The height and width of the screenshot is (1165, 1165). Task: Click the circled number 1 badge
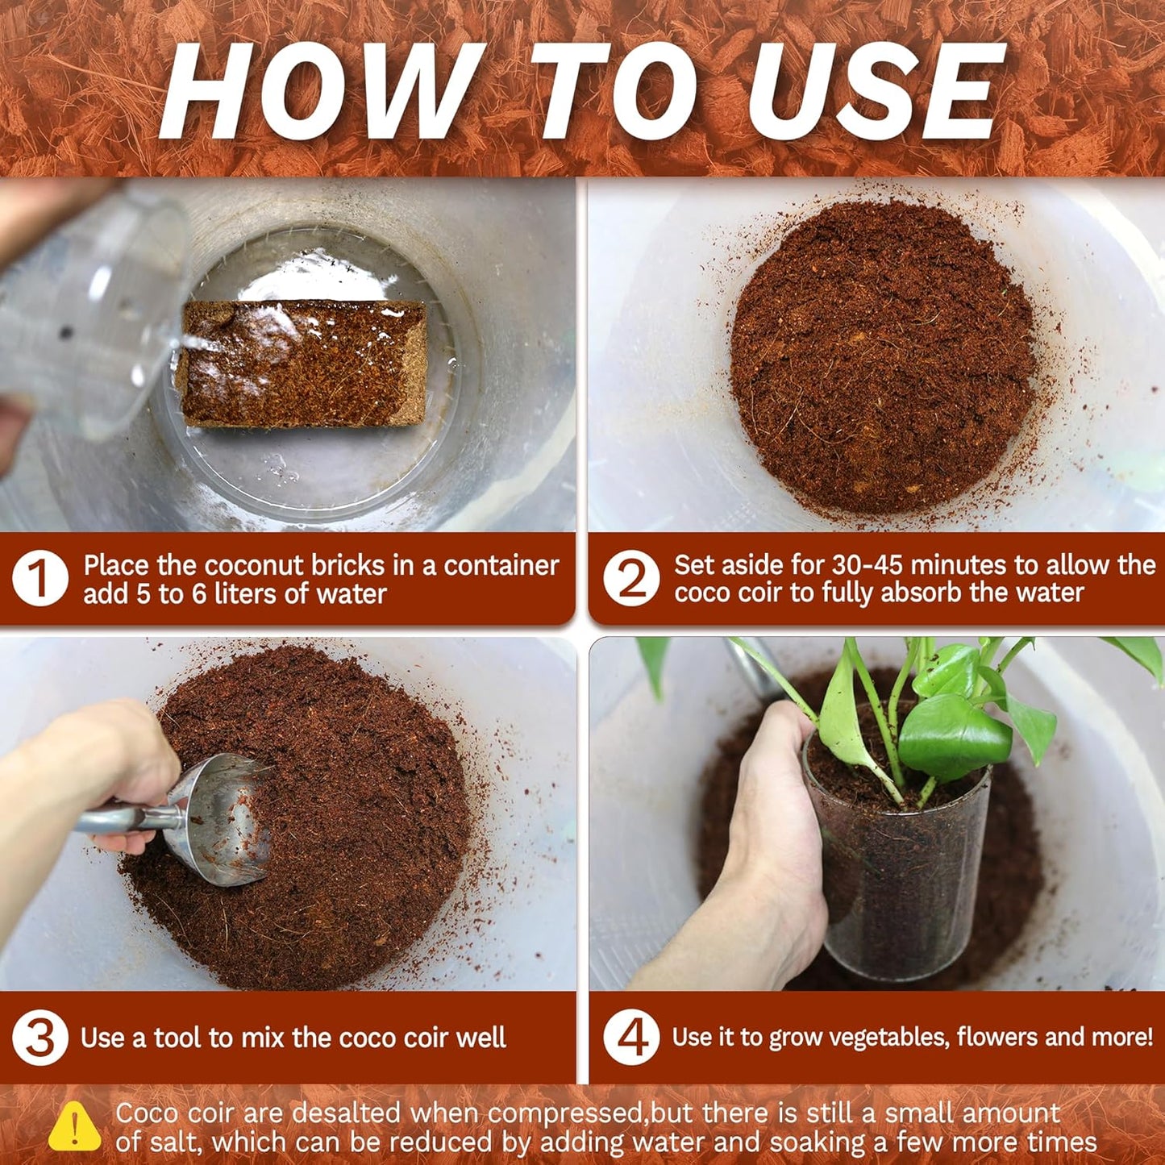pyautogui.click(x=40, y=578)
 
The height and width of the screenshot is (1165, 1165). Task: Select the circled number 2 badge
pyautogui.click(x=631, y=578)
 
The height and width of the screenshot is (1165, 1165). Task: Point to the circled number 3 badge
pyautogui.click(x=40, y=1038)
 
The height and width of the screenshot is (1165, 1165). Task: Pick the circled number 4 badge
pyautogui.click(x=631, y=1038)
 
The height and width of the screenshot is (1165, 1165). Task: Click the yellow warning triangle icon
pyautogui.click(x=74, y=1126)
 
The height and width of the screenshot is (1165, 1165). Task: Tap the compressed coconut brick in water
pyautogui.click(x=302, y=363)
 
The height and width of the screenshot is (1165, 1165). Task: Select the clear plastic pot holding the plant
pyautogui.click(x=899, y=871)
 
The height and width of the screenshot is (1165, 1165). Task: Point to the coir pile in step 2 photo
pyautogui.click(x=883, y=355)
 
